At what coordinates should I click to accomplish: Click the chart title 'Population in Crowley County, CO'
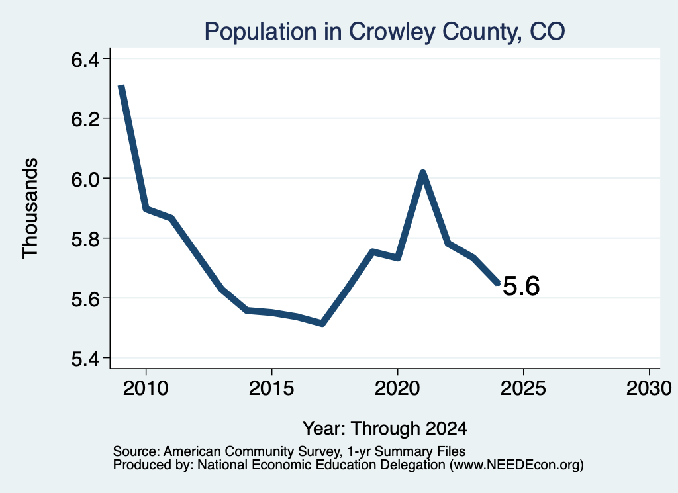click(x=385, y=32)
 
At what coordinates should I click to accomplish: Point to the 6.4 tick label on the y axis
click(x=85, y=59)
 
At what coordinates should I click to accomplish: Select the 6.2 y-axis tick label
click(x=85, y=119)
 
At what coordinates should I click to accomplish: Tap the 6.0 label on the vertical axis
click(x=85, y=179)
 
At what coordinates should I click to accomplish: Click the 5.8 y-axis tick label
click(x=85, y=239)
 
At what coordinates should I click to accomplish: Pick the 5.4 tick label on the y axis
click(x=85, y=359)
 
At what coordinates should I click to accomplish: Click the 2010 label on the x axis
click(x=146, y=388)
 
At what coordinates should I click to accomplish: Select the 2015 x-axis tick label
click(x=271, y=388)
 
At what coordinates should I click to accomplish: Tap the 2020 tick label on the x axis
click(x=397, y=388)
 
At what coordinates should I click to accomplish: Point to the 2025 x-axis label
click(x=523, y=388)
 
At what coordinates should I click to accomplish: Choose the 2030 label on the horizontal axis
click(x=649, y=388)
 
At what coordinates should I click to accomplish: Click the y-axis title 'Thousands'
click(x=30, y=208)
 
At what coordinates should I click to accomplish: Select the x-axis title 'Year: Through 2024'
click(x=385, y=428)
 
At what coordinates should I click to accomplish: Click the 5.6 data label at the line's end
click(x=522, y=286)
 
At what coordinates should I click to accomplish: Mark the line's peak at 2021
click(x=423, y=173)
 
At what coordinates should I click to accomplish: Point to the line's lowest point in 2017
click(x=322, y=324)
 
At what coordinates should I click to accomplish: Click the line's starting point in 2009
click(x=122, y=87)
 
